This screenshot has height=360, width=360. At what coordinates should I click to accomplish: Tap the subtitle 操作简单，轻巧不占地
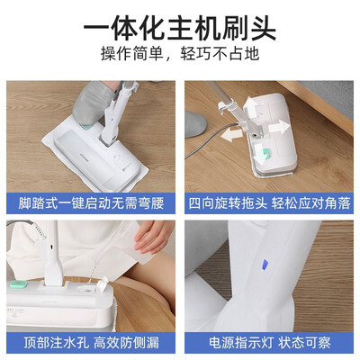coord(180,54)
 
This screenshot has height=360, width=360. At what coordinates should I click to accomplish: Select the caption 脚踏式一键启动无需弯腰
coord(91,203)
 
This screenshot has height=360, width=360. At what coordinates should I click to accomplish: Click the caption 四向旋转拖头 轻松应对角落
coord(269,203)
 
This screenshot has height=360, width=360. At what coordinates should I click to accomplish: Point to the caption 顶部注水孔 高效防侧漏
coord(91,342)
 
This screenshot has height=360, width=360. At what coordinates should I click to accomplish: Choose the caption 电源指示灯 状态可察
coord(269,342)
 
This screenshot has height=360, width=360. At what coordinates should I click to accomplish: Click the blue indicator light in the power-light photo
coord(265,265)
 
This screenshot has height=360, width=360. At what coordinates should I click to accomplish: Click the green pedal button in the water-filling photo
coord(18,284)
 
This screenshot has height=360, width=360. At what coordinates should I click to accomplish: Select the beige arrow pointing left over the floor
coord(232,134)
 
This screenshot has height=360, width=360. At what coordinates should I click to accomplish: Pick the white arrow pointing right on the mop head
coord(279,128)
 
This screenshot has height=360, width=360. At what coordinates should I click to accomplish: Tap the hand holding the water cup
coord(152,237)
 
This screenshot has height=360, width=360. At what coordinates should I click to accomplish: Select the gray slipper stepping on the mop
coord(93,103)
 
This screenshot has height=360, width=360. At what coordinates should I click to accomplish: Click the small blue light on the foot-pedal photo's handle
coord(112,120)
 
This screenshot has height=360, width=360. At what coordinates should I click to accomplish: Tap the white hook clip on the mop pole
coord(222,107)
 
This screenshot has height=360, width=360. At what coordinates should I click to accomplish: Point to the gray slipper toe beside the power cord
coord(195,124)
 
